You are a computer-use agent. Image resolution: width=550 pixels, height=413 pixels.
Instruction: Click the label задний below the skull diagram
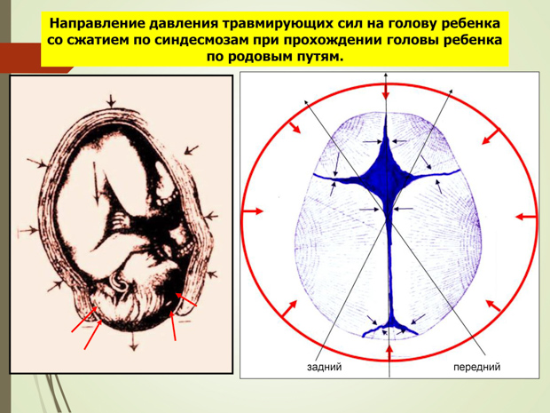[324, 367]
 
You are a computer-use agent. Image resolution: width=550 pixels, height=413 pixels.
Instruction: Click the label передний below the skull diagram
[476, 367]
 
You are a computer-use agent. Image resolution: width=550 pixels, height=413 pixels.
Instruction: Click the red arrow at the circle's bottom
[389, 353]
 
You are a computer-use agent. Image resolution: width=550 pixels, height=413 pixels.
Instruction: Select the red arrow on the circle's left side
[253, 211]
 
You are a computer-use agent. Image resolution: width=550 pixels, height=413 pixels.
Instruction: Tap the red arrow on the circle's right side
[526, 217]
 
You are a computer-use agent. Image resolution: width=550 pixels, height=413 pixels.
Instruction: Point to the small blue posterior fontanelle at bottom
[390, 329]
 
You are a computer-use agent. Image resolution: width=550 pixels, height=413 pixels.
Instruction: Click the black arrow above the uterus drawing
[111, 100]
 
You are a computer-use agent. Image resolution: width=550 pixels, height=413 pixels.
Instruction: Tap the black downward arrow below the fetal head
[133, 341]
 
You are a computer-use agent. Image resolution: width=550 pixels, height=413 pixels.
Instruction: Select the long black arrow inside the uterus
[96, 185]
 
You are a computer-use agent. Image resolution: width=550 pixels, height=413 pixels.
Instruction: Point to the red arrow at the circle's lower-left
[289, 309]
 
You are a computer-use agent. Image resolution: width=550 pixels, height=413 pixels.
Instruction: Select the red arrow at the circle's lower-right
[493, 306]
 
